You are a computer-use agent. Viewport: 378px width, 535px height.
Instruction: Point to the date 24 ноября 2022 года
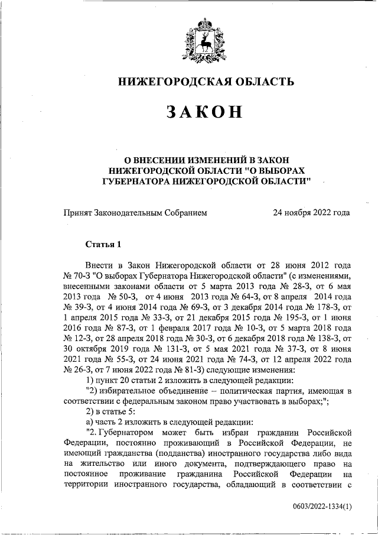311,212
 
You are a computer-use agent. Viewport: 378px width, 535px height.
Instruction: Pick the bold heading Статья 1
103,244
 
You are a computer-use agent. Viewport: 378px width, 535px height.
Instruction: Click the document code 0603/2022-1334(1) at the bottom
318,507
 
